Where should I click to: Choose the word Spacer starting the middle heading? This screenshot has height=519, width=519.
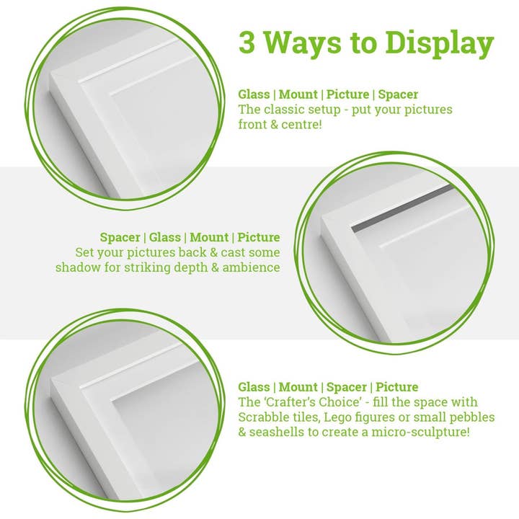coord(120,237)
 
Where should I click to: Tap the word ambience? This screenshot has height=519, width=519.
coord(253,267)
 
